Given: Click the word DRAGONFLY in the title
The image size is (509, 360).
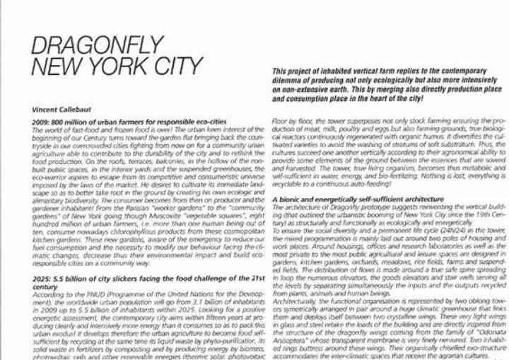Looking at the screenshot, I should tap(98, 45).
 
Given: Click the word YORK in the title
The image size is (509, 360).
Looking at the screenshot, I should tap(127, 67).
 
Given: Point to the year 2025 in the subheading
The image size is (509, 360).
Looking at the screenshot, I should tap(43, 281).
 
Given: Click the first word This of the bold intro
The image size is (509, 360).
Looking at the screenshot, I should tap(281, 71).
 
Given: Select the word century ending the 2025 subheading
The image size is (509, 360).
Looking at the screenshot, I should tap(45, 288).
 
